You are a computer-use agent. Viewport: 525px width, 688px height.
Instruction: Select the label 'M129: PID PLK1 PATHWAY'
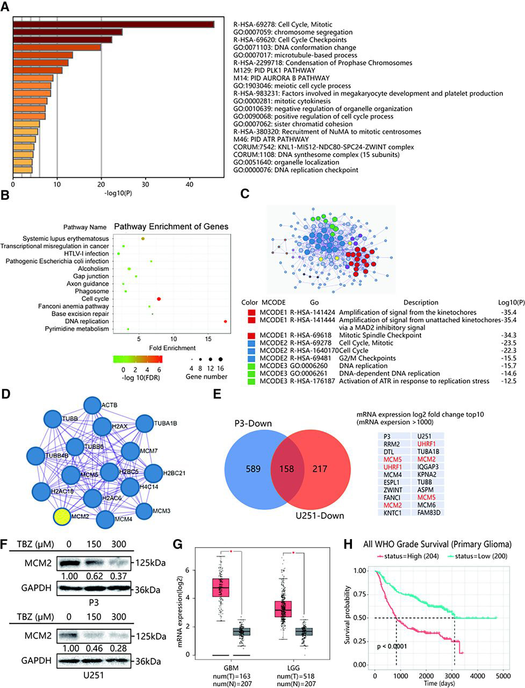[x=274, y=70]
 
